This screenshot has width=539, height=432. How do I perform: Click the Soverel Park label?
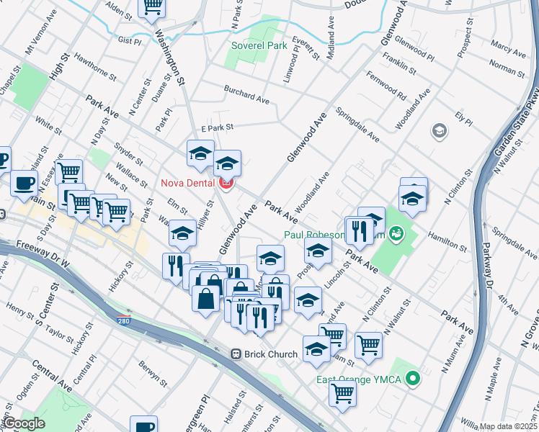(259, 46)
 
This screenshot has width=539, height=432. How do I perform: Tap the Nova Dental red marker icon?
(226, 184)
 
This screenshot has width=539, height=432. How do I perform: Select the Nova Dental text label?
(186, 183)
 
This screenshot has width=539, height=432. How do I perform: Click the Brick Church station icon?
(236, 354)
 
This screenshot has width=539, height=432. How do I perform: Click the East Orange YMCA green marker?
(413, 377)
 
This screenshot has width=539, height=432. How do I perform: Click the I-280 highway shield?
(125, 320)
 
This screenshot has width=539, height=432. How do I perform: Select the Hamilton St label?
(447, 240)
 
